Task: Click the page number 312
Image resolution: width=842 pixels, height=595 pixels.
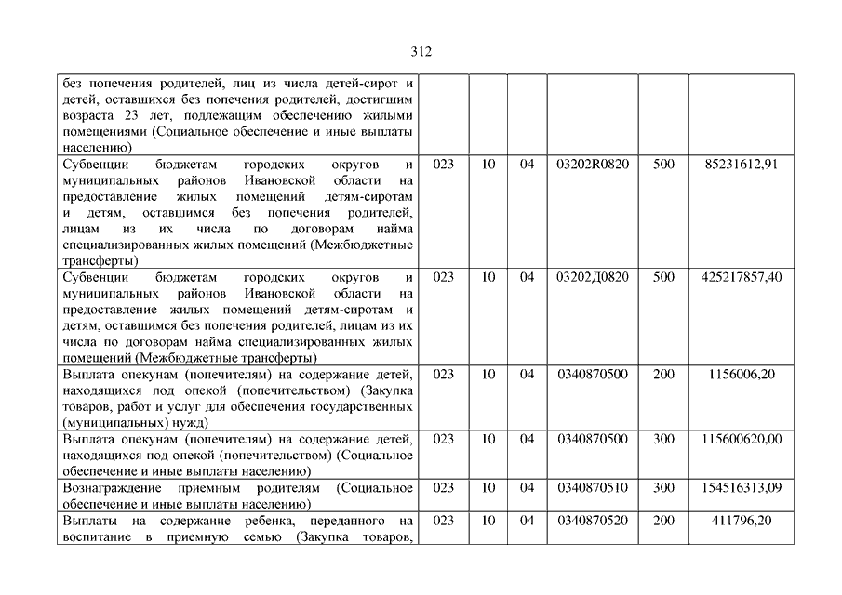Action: click(421, 52)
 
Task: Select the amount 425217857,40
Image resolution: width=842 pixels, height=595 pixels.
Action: click(742, 277)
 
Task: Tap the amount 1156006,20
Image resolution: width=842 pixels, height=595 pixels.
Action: click(742, 374)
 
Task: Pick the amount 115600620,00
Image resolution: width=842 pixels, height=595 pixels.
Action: click(742, 439)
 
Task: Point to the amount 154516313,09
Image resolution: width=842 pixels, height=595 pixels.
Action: click(742, 487)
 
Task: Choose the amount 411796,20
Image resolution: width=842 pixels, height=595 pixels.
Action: click(742, 521)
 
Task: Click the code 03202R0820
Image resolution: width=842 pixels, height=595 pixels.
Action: click(593, 165)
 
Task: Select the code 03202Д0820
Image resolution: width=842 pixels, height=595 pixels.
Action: click(593, 277)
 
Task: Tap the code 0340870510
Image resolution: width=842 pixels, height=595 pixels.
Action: click(593, 487)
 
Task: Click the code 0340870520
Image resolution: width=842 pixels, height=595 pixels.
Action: click(593, 521)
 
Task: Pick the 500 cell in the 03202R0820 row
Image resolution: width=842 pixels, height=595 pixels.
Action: click(663, 165)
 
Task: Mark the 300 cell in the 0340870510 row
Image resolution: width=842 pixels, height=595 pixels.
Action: click(663, 487)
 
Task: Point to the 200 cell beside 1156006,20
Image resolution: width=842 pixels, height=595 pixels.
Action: click(663, 374)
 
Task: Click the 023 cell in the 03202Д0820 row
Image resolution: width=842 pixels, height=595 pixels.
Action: click(444, 277)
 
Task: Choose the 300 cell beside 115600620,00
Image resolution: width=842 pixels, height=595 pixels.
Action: click(663, 439)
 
